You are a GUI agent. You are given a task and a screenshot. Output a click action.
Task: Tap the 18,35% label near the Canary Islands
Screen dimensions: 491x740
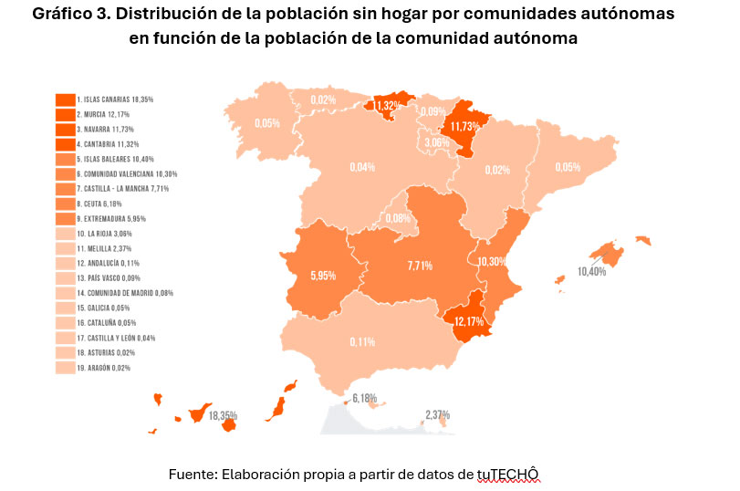[224, 415]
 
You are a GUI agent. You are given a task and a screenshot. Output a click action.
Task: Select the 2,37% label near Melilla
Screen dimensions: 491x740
[437, 414]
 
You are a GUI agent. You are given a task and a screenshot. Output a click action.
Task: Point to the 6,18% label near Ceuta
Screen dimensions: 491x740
[364, 398]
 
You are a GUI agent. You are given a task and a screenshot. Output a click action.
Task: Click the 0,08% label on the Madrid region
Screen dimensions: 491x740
[399, 218]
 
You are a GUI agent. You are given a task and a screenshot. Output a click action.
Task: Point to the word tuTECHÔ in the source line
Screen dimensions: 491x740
[508, 474]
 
